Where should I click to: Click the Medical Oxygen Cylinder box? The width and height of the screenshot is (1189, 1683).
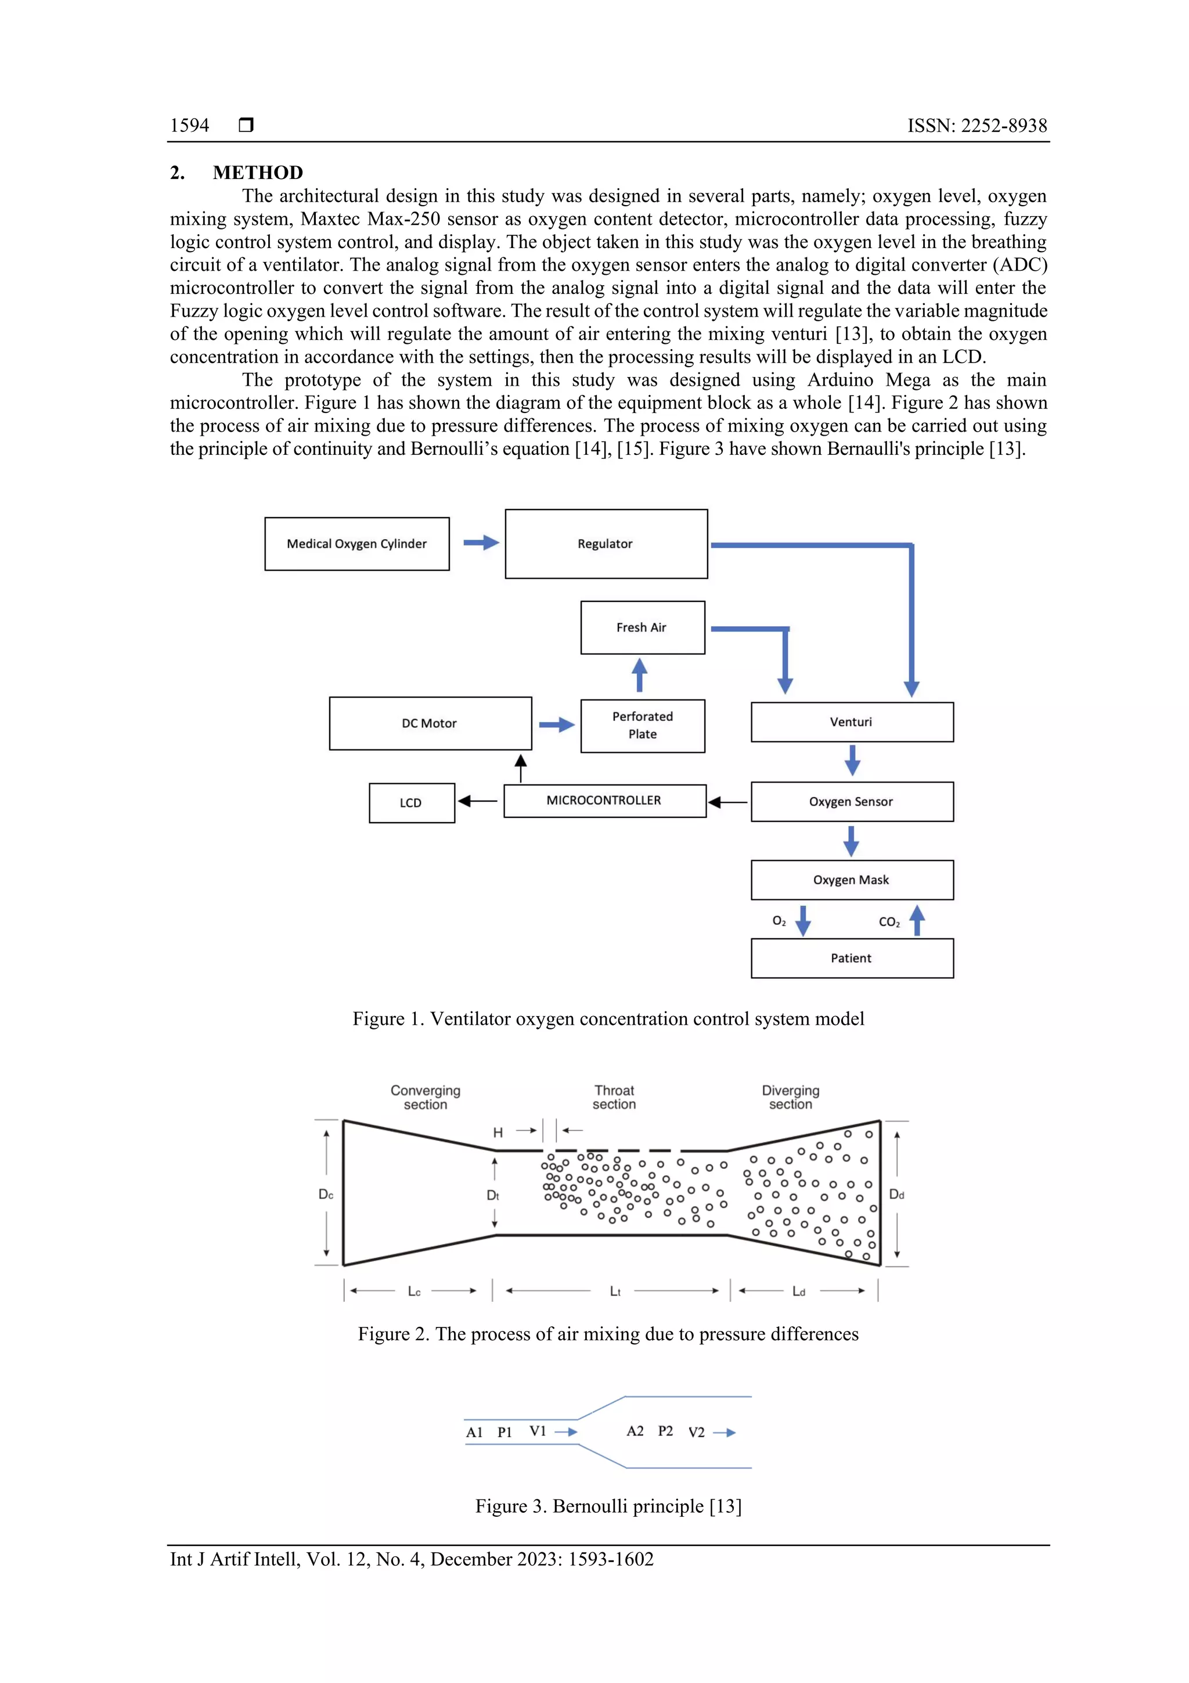point(357,544)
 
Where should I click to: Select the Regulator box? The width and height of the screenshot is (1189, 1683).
point(606,544)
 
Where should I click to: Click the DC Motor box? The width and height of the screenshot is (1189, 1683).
point(430,723)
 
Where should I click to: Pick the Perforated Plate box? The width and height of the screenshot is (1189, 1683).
point(643,726)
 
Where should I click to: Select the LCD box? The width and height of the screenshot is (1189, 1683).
point(411,803)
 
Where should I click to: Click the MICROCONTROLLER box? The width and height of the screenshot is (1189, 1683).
point(604,801)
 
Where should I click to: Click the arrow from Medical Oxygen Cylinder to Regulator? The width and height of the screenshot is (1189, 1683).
point(481,543)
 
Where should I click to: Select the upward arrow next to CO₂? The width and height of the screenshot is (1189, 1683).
point(917,920)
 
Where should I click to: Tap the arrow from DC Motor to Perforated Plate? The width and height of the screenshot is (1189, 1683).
point(557,725)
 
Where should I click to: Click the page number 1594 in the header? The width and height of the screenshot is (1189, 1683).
point(190,125)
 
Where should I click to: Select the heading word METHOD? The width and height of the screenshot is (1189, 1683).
point(258,173)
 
